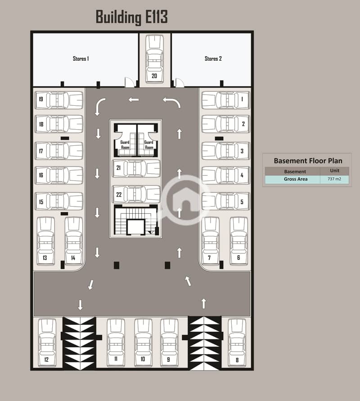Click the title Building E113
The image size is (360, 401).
point(131,17)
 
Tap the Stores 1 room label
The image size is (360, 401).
point(81,59)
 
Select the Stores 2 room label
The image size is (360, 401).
point(213,59)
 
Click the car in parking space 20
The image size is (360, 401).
point(154,56)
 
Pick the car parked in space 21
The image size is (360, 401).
point(136,168)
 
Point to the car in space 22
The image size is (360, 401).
point(136,194)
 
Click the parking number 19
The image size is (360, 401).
point(40,99)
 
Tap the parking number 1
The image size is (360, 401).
point(242,99)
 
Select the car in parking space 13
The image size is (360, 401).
point(45,241)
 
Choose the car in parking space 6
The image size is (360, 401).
point(238,241)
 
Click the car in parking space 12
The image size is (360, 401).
point(47,342)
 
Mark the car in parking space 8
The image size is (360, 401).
point(237,342)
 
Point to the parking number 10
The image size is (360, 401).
point(143,359)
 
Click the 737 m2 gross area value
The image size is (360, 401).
point(334,179)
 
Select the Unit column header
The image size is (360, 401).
point(334,171)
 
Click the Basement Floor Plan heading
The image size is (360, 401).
point(308,161)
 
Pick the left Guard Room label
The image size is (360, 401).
point(125,145)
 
